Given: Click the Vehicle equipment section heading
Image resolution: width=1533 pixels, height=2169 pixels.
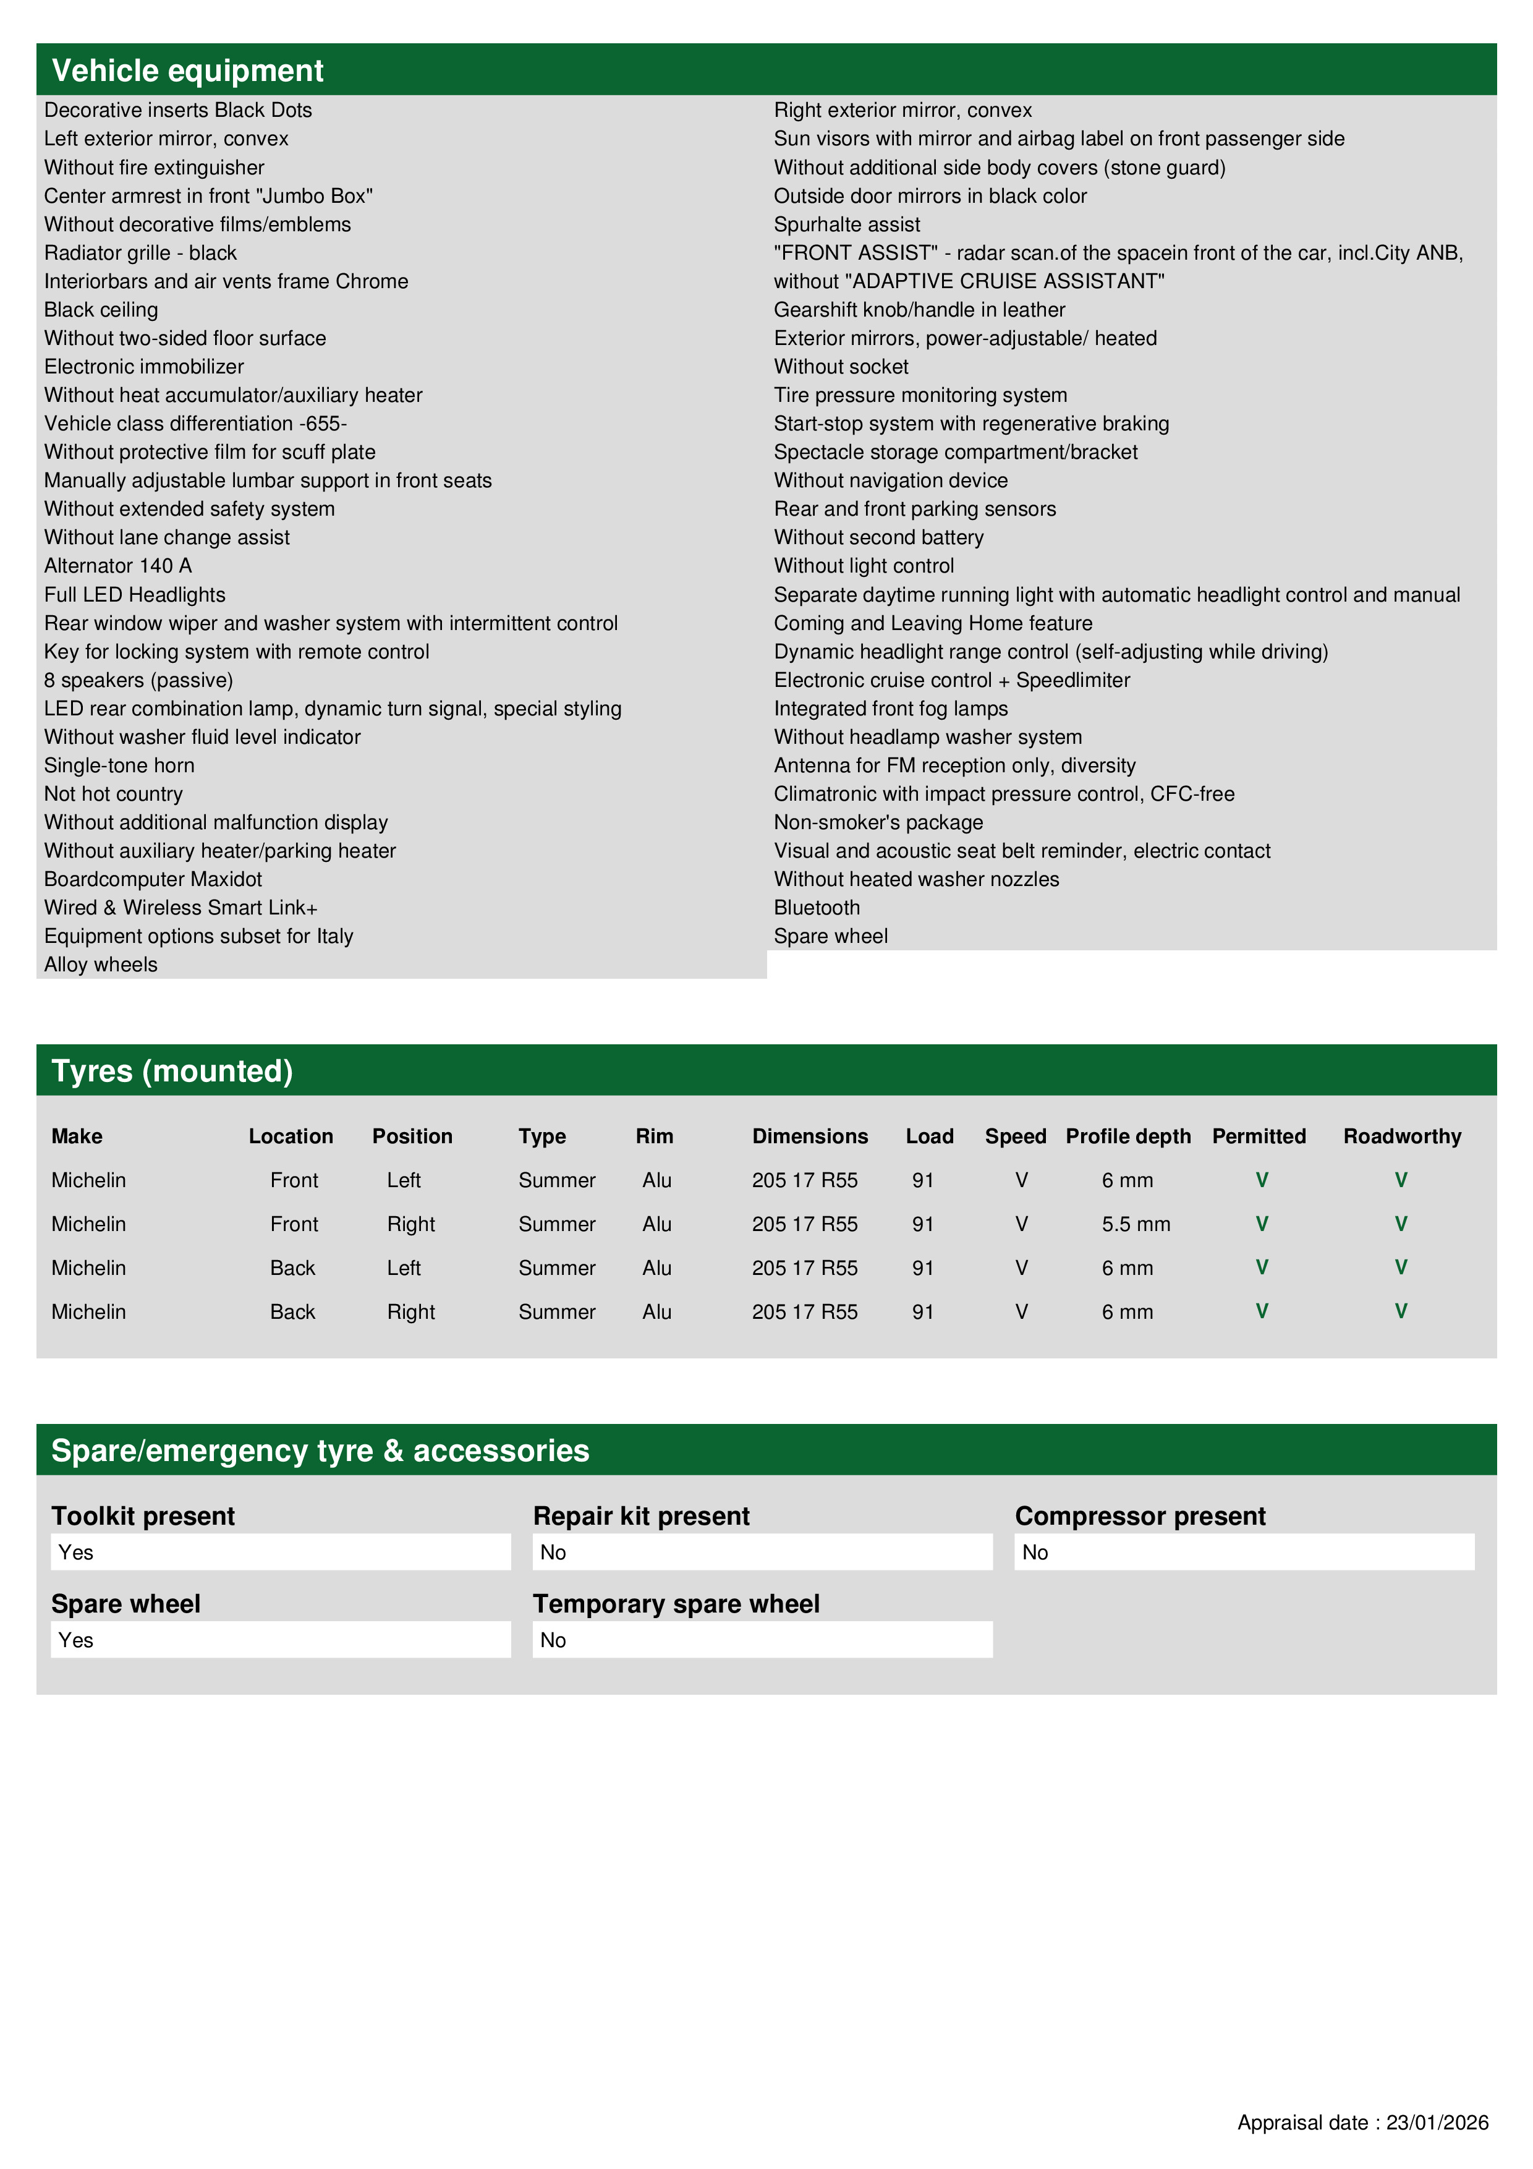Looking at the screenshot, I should [x=187, y=71].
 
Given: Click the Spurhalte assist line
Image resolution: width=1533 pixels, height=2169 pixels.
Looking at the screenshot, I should [x=847, y=225].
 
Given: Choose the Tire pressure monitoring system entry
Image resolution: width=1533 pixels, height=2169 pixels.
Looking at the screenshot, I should [x=921, y=395].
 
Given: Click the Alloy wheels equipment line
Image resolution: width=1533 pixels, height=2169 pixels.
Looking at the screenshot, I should [x=101, y=965].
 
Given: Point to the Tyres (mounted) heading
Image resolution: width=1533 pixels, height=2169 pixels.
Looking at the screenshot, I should [x=172, y=1072].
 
